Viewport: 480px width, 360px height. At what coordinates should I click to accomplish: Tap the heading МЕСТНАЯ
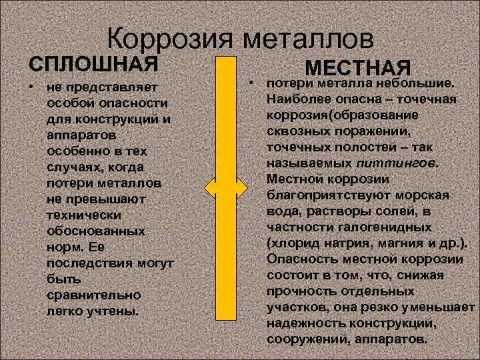pyautogui.click(x=357, y=68)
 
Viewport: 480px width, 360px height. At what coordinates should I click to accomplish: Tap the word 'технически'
pyautogui.click(x=84, y=215)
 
